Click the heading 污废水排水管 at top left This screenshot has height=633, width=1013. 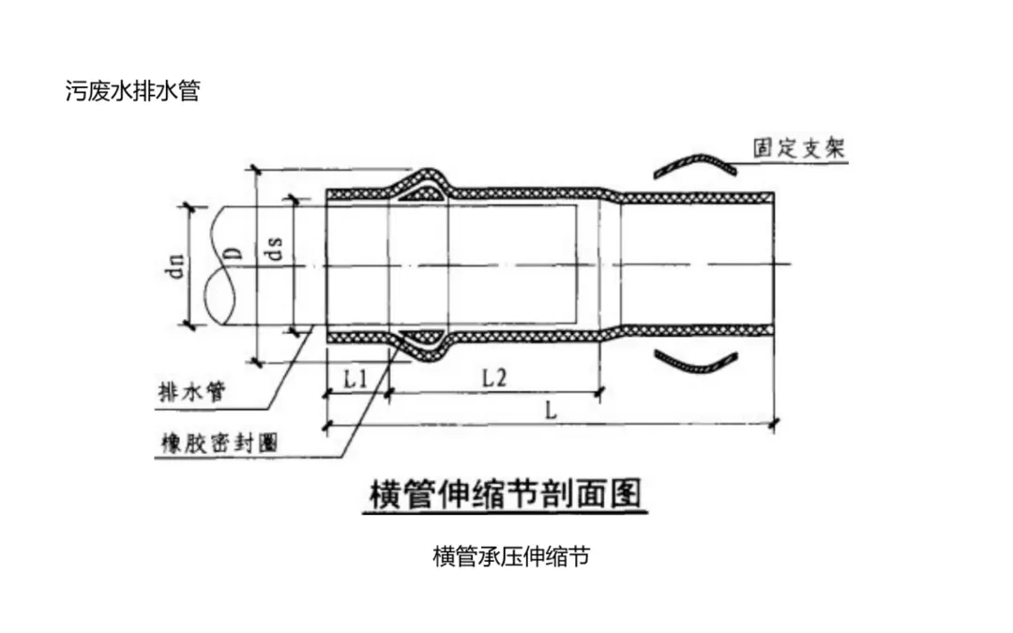pyautogui.click(x=132, y=92)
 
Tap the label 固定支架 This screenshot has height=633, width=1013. pyautogui.click(x=799, y=148)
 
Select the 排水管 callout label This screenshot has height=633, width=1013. pyautogui.click(x=190, y=392)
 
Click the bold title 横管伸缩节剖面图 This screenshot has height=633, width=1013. pyautogui.click(x=503, y=494)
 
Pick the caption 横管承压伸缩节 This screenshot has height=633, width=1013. pyautogui.click(x=511, y=556)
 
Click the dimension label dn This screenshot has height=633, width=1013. pyautogui.click(x=173, y=267)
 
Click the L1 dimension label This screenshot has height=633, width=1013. pyautogui.click(x=355, y=379)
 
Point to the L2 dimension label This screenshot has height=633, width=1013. pyautogui.click(x=493, y=379)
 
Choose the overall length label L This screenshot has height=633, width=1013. pyautogui.click(x=551, y=411)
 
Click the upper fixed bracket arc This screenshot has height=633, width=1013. pyautogui.click(x=694, y=163)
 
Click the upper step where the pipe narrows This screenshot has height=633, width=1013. pyautogui.click(x=610, y=194)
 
